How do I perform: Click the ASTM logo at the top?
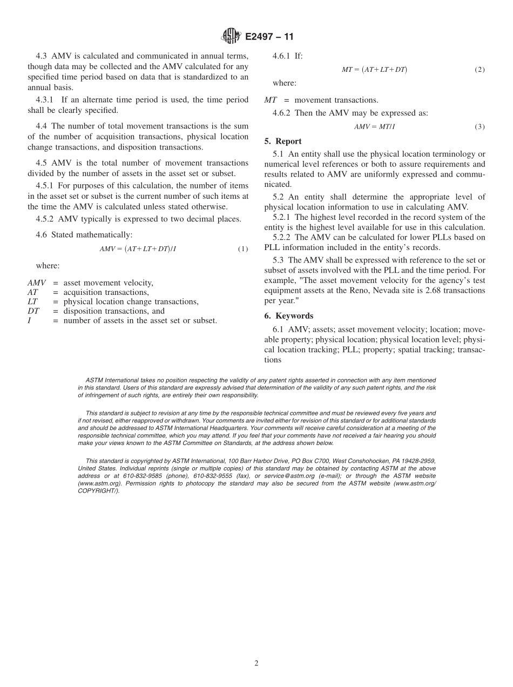coord(231,36)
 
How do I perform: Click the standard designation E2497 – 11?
coord(269,37)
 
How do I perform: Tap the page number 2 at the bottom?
coord(256,663)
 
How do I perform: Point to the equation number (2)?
coord(479,70)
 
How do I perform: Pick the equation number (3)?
coord(479,127)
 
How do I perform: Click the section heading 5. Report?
coord(283,142)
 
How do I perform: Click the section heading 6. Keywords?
coord(288,316)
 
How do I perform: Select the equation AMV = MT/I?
coord(375,127)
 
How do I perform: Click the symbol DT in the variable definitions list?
coord(33,311)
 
